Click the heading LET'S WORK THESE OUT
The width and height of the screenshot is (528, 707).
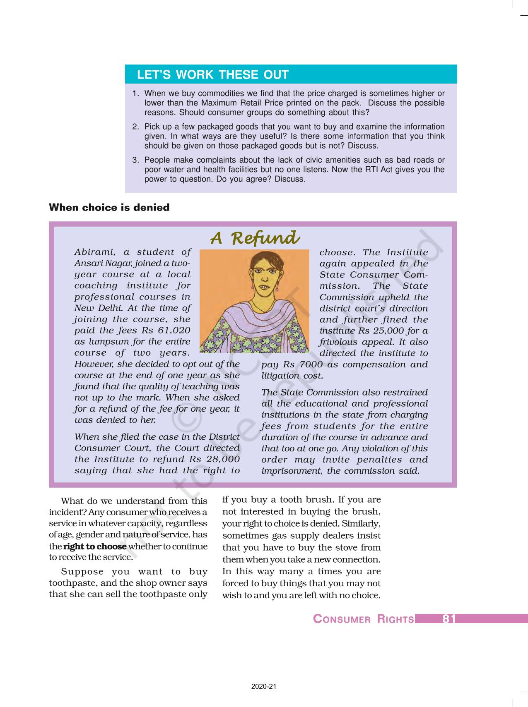(212, 75)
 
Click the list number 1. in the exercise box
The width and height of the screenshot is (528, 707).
(135, 93)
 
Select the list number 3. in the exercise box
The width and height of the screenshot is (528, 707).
(135, 160)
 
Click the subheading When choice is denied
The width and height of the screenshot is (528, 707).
(109, 207)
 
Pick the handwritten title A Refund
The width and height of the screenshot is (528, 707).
(254, 238)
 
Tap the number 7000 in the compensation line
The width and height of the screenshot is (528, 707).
(308, 364)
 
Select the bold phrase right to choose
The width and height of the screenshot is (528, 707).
(95, 546)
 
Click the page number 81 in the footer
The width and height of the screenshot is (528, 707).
(449, 619)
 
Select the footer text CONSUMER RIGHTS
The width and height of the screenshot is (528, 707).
(363, 619)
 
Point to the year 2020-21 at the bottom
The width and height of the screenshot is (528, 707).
(263, 686)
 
